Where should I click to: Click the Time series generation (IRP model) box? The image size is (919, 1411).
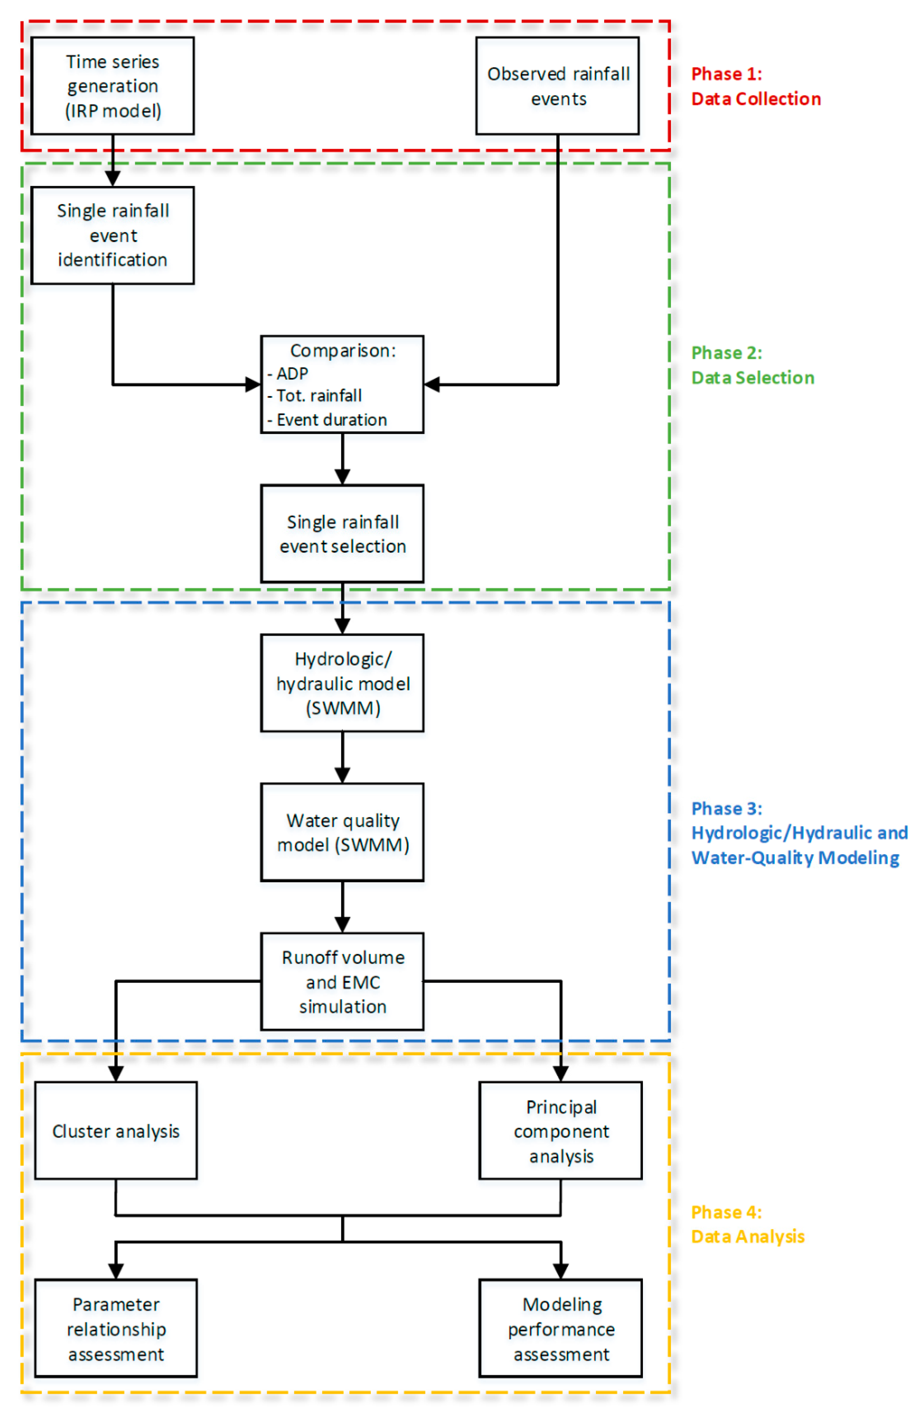pyautogui.click(x=113, y=86)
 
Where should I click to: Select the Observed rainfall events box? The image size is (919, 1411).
pyautogui.click(x=557, y=86)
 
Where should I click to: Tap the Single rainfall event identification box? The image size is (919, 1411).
pyautogui.click(x=113, y=235)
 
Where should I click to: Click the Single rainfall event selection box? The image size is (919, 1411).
pyautogui.click(x=342, y=534)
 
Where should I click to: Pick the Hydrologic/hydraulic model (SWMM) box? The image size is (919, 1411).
pyautogui.click(x=342, y=683)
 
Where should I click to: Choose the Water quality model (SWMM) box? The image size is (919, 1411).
pyautogui.click(x=342, y=832)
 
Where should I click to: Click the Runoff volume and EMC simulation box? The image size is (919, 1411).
pyautogui.click(x=342, y=981)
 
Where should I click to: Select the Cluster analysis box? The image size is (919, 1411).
pyautogui.click(x=116, y=1130)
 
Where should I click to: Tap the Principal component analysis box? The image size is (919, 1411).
pyautogui.click(x=560, y=1130)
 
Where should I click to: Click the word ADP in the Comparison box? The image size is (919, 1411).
pyautogui.click(x=292, y=374)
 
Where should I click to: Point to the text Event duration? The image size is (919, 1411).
pyautogui.click(x=331, y=420)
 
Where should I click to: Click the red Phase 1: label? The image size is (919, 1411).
pyautogui.click(x=726, y=74)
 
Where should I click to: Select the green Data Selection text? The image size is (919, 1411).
pyautogui.click(x=753, y=378)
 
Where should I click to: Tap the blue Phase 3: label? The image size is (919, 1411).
pyautogui.click(x=726, y=808)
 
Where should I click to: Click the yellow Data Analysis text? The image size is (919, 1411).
pyautogui.click(x=748, y=1237)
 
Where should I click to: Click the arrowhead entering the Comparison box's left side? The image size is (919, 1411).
pyautogui.click(x=253, y=384)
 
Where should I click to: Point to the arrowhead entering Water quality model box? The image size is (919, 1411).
pyautogui.click(x=342, y=775)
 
